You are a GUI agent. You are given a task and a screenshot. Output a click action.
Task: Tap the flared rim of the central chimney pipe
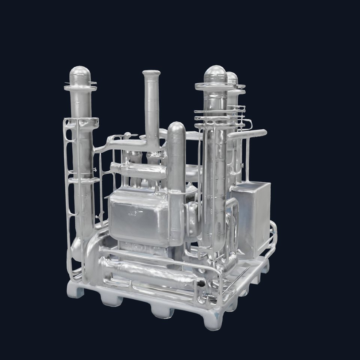click(151, 73)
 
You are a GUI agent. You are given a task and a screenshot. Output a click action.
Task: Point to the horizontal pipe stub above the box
click(249, 134)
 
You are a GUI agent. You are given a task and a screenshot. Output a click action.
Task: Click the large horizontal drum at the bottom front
click(150, 274)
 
